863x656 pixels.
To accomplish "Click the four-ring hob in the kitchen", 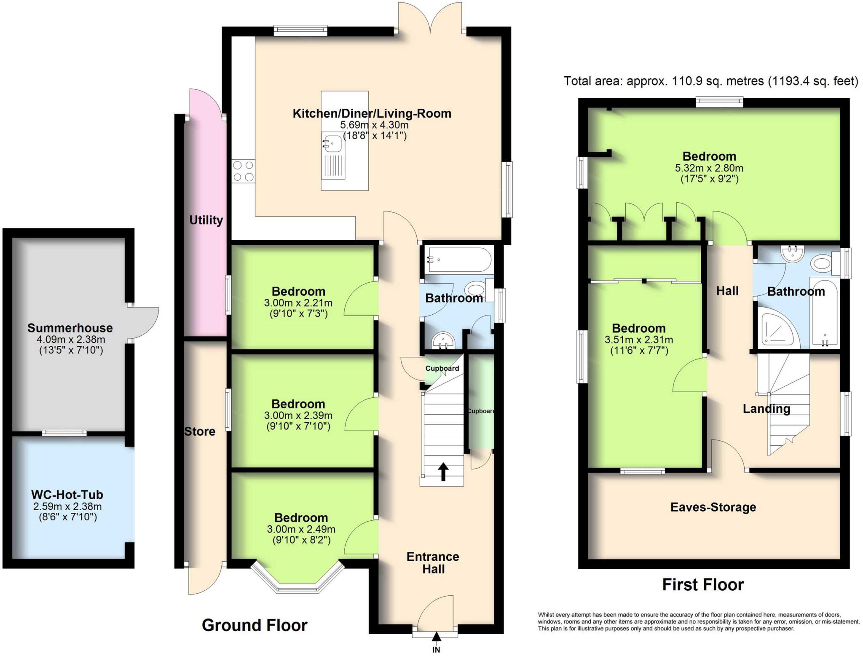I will [244, 171].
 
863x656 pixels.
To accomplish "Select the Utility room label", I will [206, 220].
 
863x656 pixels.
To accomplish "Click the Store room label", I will [200, 431].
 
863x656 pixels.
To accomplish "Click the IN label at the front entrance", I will [436, 650].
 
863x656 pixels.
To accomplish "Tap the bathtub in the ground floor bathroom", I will [458, 260].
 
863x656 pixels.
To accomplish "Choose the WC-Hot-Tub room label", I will [67, 495].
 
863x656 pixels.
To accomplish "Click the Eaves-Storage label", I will [713, 507].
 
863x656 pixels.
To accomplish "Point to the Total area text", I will [710, 81].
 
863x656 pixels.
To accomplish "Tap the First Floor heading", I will [703, 585].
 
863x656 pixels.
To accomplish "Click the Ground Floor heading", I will [255, 625].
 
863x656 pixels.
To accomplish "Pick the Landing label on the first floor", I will [766, 409].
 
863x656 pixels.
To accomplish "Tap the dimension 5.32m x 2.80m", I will [709, 168].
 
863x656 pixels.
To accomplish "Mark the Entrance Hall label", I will [433, 563].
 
